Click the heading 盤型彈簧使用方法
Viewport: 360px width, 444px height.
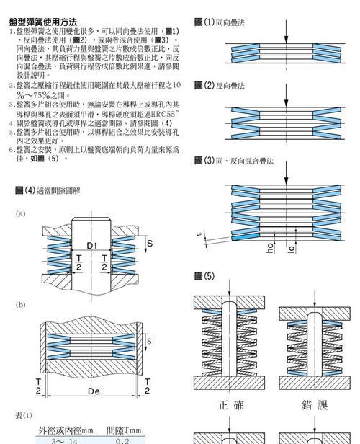(43, 22)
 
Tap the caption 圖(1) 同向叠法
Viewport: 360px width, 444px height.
(220, 22)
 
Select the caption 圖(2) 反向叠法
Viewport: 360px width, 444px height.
(220, 86)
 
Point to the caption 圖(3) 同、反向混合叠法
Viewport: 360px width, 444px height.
(234, 161)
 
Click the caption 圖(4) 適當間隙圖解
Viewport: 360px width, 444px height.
(48, 190)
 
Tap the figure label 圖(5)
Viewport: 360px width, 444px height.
(204, 276)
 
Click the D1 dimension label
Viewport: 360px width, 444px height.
(91, 246)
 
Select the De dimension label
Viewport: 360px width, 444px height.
(94, 391)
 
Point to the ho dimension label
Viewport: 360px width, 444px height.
(270, 247)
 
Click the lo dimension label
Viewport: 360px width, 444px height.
(292, 249)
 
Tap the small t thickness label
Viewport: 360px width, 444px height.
(200, 234)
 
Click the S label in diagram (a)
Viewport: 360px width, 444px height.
(150, 243)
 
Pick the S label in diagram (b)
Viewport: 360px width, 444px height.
(149, 341)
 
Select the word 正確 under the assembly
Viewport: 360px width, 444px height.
(231, 405)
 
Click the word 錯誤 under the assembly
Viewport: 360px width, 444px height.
(315, 405)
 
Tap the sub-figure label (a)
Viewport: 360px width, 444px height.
(20, 213)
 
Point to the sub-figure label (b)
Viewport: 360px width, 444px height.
(20, 305)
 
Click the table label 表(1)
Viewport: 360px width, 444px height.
(24, 416)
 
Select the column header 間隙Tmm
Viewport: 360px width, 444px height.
(124, 431)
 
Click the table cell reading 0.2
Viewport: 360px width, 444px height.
(122, 441)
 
